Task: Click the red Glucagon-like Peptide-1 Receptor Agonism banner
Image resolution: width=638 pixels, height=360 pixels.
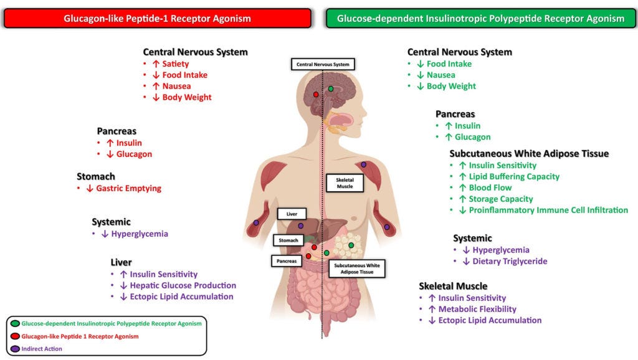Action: [157, 19]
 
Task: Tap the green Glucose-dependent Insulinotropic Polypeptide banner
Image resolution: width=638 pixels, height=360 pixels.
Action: [480, 19]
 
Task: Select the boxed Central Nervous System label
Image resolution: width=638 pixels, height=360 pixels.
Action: [323, 64]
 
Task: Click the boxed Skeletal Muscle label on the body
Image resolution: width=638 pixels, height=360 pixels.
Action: [340, 182]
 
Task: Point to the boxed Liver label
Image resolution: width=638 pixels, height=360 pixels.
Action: [292, 214]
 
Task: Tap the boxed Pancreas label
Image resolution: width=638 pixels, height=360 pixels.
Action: [287, 261]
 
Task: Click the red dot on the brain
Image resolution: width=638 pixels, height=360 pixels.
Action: [316, 94]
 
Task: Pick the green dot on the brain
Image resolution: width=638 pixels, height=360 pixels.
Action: [331, 89]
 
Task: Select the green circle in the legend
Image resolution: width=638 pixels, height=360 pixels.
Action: [15, 324]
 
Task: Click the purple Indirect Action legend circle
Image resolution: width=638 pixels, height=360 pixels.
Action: [15, 349]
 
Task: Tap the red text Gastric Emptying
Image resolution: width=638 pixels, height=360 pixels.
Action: [128, 189]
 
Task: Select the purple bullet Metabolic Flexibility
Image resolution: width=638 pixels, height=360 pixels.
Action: [477, 309]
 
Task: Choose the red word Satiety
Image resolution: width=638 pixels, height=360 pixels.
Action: [176, 64]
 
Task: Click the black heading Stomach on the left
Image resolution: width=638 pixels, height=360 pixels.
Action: [96, 177]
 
